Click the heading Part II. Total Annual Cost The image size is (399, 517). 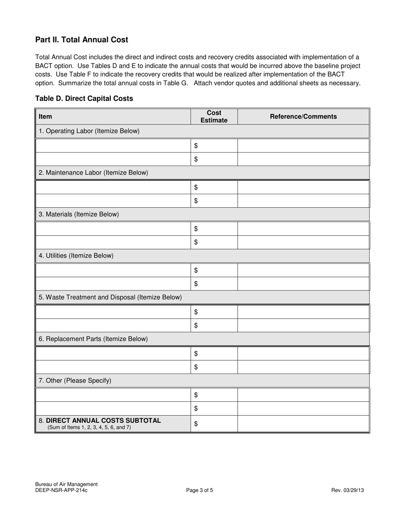pos(81,40)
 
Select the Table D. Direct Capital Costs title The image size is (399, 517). pos(84,98)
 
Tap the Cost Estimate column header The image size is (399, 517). pos(214,116)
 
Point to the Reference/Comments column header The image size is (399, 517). pos(303,116)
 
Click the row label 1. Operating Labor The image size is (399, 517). pos(89,131)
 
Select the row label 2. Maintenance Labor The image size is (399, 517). pos(93,172)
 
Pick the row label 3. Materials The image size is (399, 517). pos(79,214)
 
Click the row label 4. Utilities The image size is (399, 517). pos(76,256)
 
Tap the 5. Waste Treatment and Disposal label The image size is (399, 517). pos(110,297)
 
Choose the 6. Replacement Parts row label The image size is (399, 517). pos(93,339)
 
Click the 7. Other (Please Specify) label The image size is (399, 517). pos(75,380)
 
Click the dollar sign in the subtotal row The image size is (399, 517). pos(196,424)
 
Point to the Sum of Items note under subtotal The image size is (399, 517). pos(89,427)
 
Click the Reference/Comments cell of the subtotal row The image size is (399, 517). pos(303,424)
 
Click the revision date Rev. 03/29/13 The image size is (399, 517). pos(347,490)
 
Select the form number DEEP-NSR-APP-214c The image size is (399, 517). pos(61,490)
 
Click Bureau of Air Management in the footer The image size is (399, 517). pos(66,484)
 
